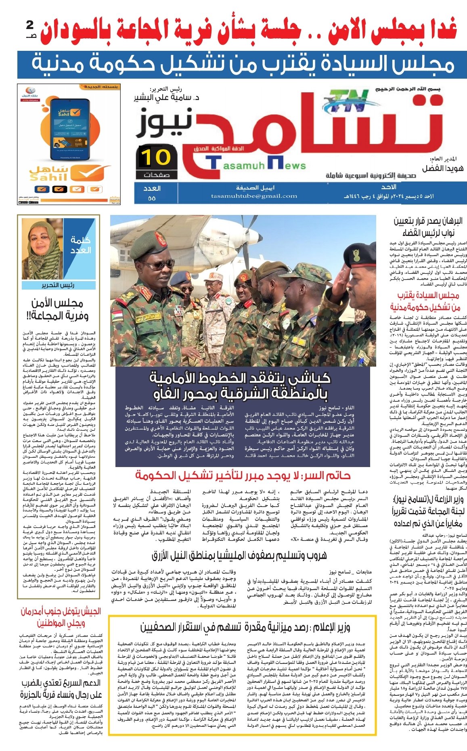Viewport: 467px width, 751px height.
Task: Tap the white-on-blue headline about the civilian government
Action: pyautogui.click(x=242, y=65)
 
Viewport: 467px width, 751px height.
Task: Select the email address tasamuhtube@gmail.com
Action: pyautogui.click(x=254, y=196)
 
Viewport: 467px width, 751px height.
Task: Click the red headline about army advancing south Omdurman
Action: pyautogui.click(x=61, y=617)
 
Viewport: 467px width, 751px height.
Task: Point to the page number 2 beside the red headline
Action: pyautogui.click(x=30, y=26)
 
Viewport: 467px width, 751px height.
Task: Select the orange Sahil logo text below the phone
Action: pyautogui.click(x=48, y=173)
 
